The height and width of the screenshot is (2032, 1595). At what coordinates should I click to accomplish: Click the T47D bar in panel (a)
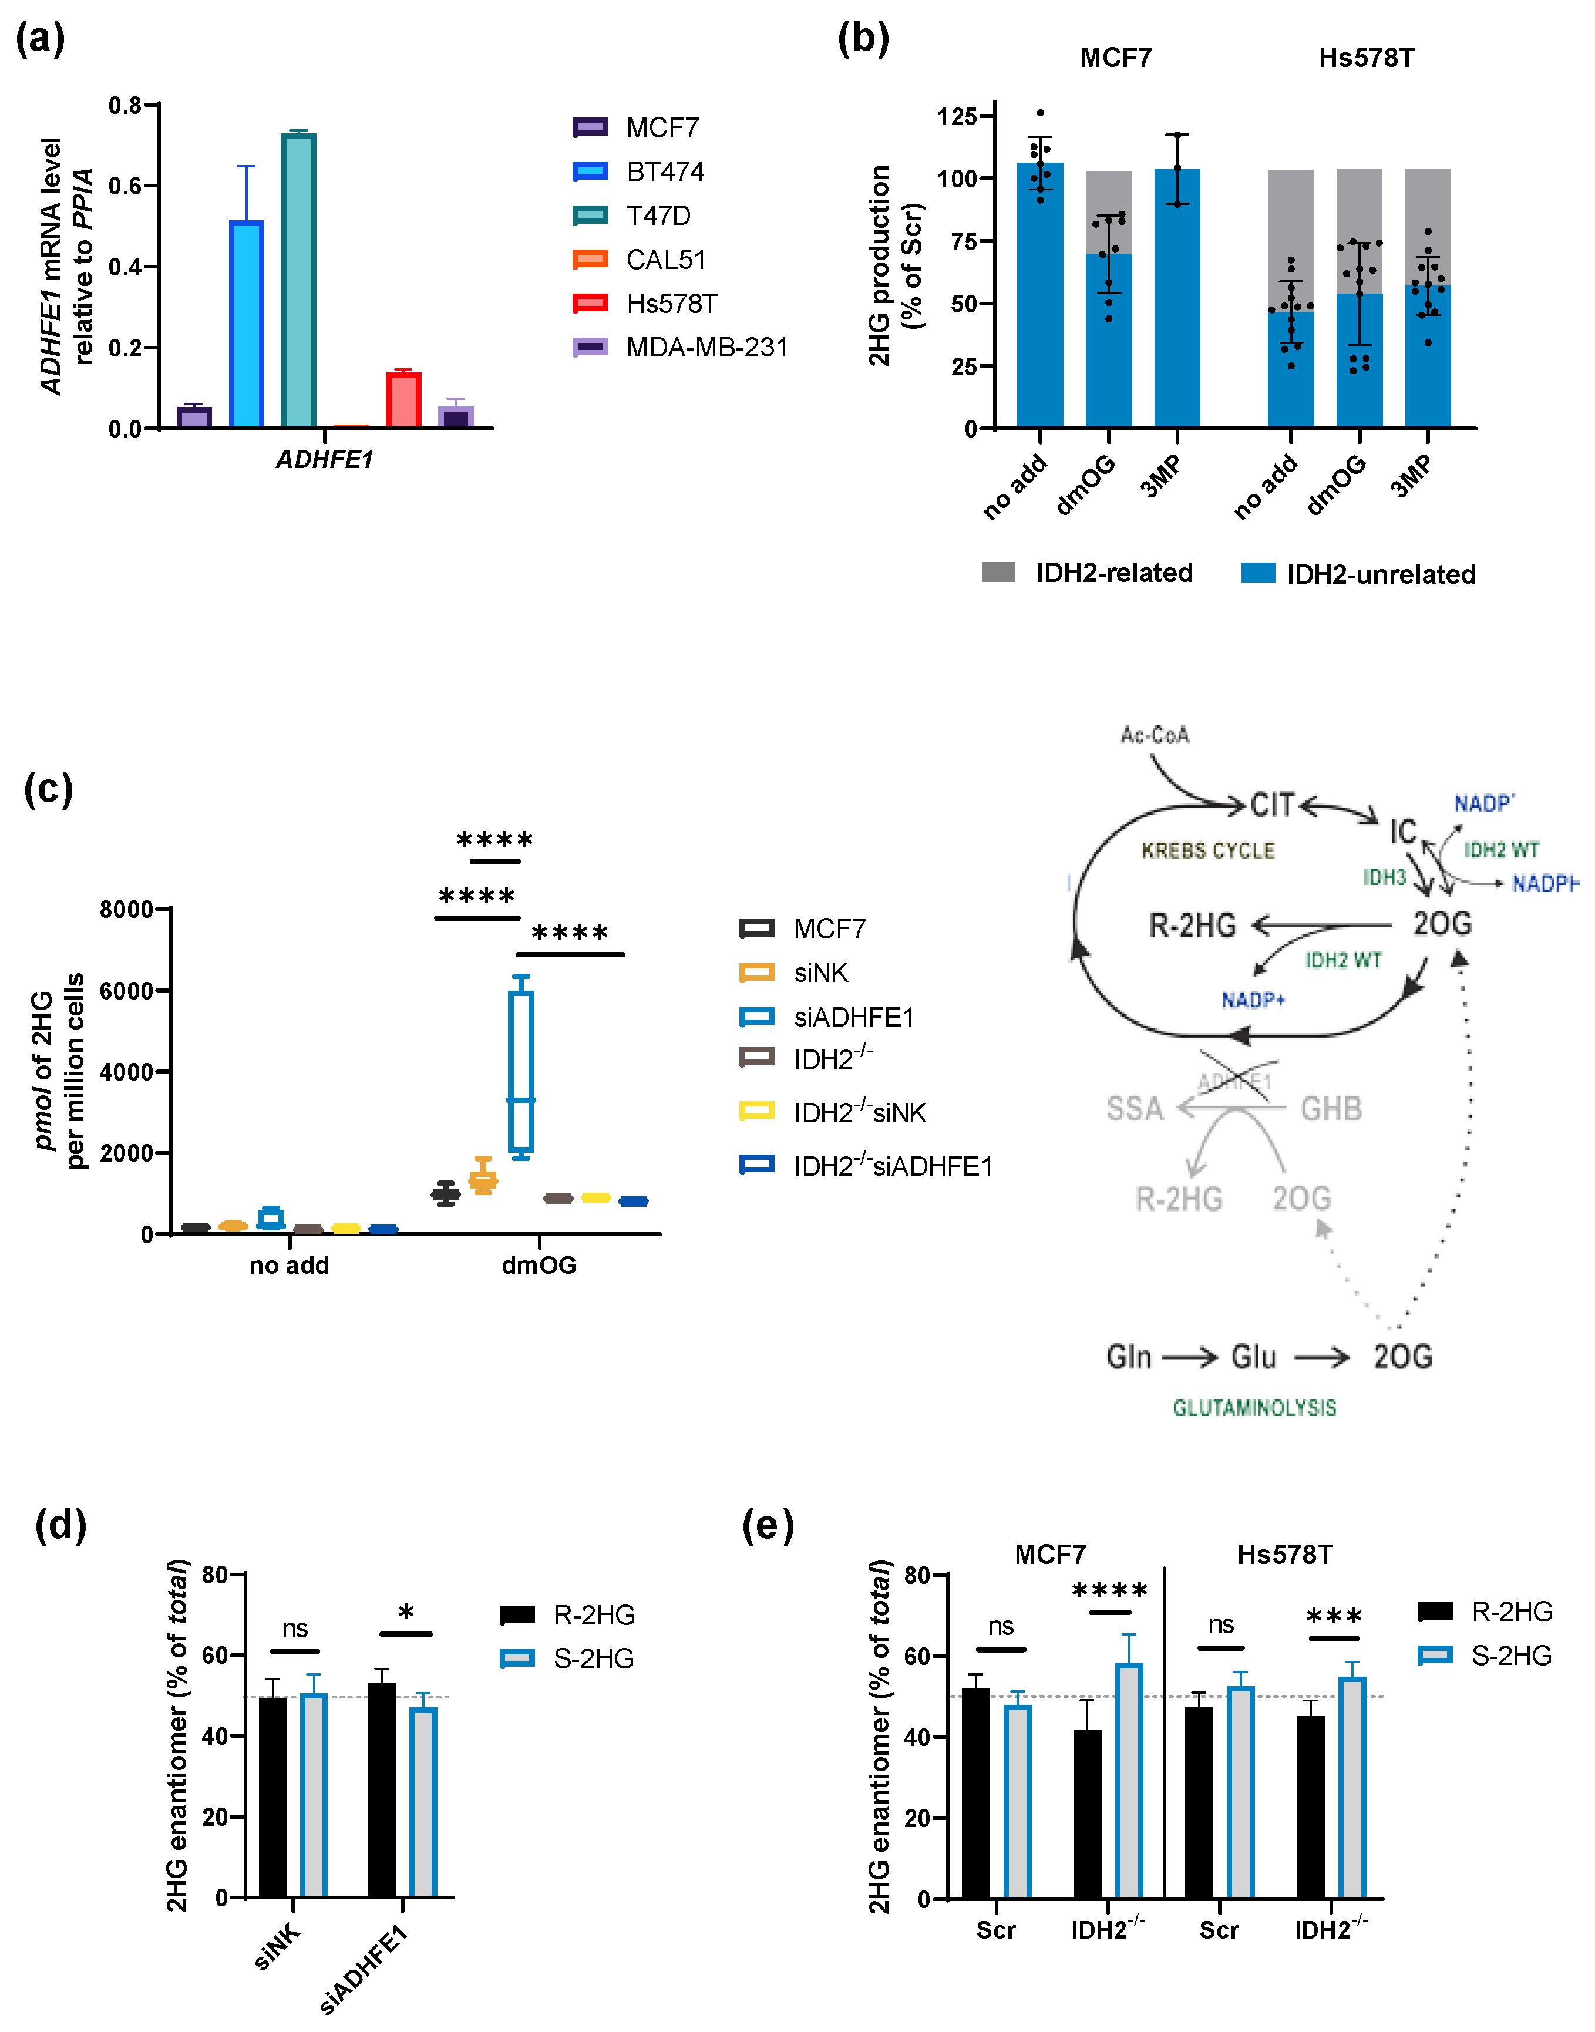coord(299,280)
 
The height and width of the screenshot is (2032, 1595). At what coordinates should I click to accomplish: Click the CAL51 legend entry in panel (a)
coord(665,260)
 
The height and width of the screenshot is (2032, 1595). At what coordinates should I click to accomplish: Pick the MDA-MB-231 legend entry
coord(706,348)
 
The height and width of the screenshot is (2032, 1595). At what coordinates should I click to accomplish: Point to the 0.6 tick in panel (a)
coord(125,186)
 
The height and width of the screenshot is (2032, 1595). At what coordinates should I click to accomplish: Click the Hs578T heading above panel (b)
coord(1365,58)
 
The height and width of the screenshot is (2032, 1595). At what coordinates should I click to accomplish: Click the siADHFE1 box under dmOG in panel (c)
coord(521,1071)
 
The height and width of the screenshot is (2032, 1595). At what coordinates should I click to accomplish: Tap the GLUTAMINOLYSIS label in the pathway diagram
coord(1254,1407)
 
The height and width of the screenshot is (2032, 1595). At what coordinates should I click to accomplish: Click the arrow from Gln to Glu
coord(1190,1357)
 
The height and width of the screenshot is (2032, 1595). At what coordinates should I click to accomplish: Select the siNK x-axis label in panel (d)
coord(278,1946)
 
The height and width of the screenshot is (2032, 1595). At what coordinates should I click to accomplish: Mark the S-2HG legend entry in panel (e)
coord(1510,1656)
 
